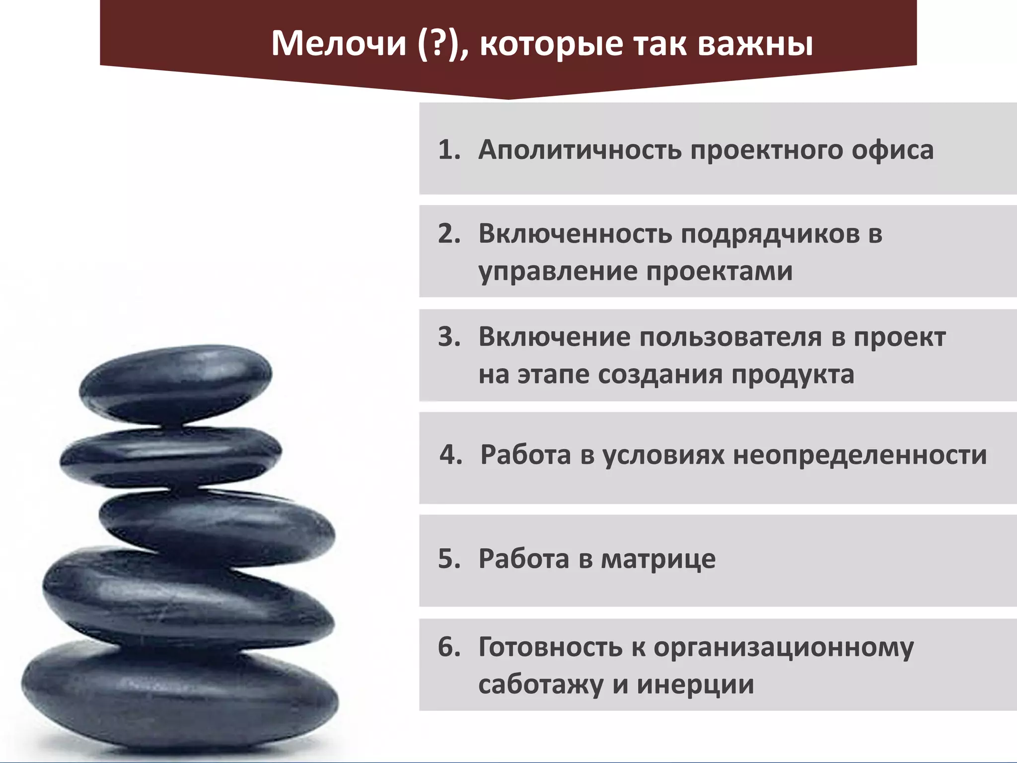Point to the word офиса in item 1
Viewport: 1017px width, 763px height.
coord(892,150)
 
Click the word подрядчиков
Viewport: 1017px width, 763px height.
coord(770,234)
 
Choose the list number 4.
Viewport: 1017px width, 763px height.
coord(450,455)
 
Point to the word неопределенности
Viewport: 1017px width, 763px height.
coord(860,455)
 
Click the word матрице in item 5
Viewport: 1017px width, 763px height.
coord(658,559)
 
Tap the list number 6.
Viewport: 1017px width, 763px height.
coord(448,647)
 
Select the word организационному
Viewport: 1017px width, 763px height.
coord(783,648)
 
